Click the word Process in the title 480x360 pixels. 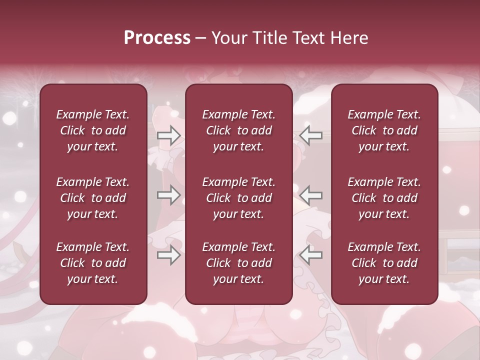coord(157,38)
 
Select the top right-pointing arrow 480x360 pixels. coord(168,135)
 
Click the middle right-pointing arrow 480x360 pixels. coord(168,195)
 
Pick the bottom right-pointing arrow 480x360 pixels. coord(168,255)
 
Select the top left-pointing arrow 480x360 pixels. coord(311,135)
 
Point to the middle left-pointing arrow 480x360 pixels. coord(311,195)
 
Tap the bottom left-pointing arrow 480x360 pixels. coord(311,255)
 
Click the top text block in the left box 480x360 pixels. coord(93,130)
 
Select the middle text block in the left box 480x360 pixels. coord(93,198)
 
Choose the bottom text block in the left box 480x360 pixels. coord(93,263)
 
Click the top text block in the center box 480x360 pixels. coord(239,130)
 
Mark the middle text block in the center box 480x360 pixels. coord(239,198)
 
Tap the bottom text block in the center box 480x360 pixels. coord(239,263)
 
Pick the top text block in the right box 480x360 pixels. coord(384,130)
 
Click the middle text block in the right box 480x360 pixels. coord(384,198)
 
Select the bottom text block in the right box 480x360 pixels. coord(384,263)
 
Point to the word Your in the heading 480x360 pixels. coord(227,38)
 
